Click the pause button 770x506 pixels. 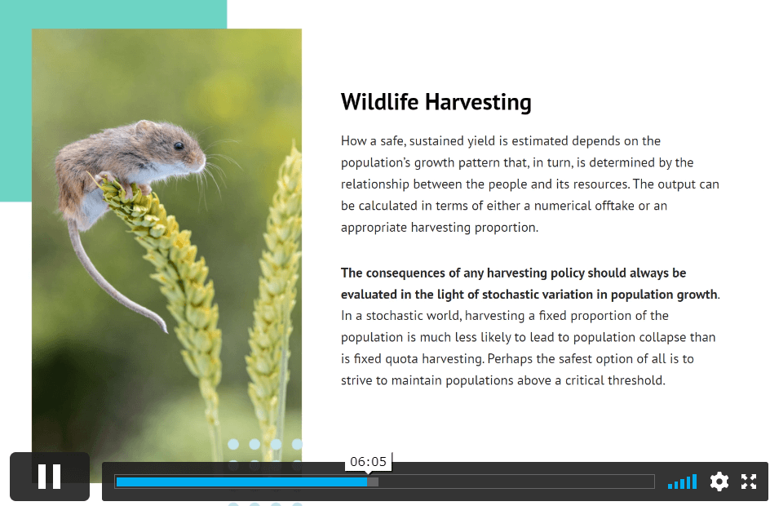(x=50, y=477)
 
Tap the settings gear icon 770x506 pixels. (x=719, y=482)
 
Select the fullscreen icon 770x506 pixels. (x=749, y=482)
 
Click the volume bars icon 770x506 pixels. (x=682, y=482)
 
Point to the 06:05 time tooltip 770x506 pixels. (x=369, y=462)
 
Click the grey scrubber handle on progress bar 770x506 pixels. (x=373, y=482)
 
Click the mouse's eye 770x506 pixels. (x=179, y=146)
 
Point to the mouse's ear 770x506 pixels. (x=145, y=128)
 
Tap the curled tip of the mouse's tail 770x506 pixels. (x=165, y=330)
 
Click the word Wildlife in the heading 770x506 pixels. (x=379, y=102)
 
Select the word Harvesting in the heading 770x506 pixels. (x=478, y=103)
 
